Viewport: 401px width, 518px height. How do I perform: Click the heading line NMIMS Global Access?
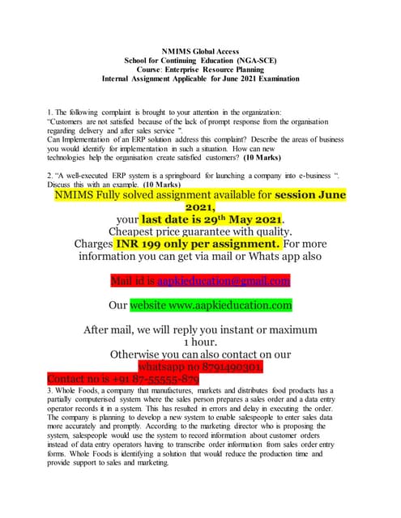199,51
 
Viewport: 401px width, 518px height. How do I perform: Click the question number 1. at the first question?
51,112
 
